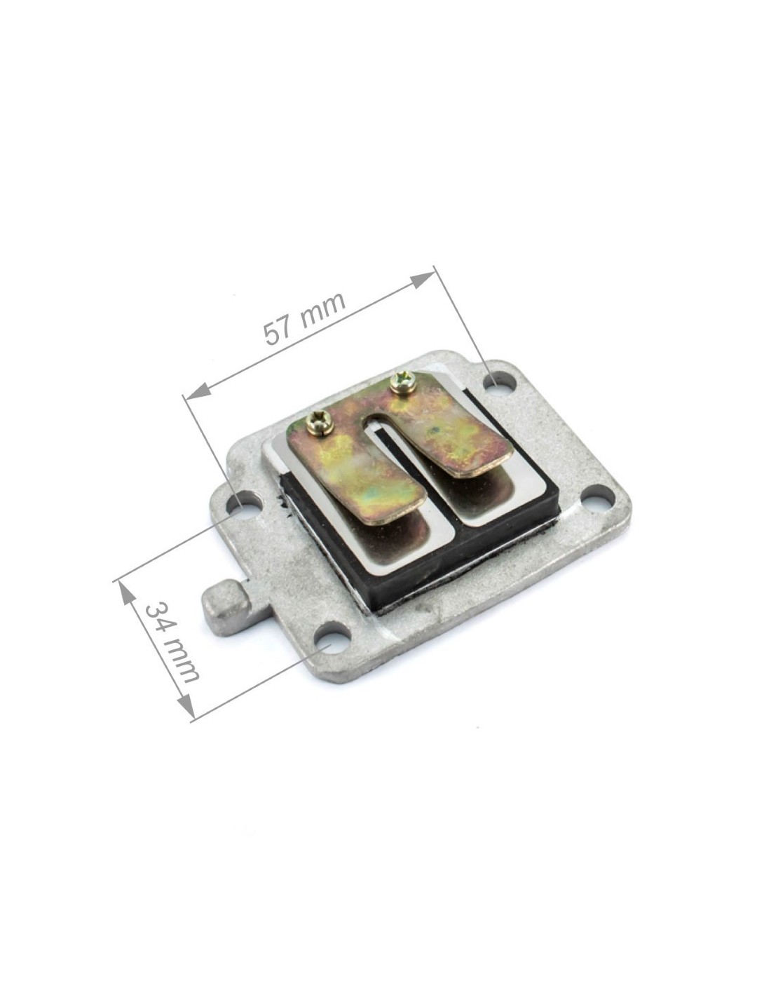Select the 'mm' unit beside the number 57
pos(322,306)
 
